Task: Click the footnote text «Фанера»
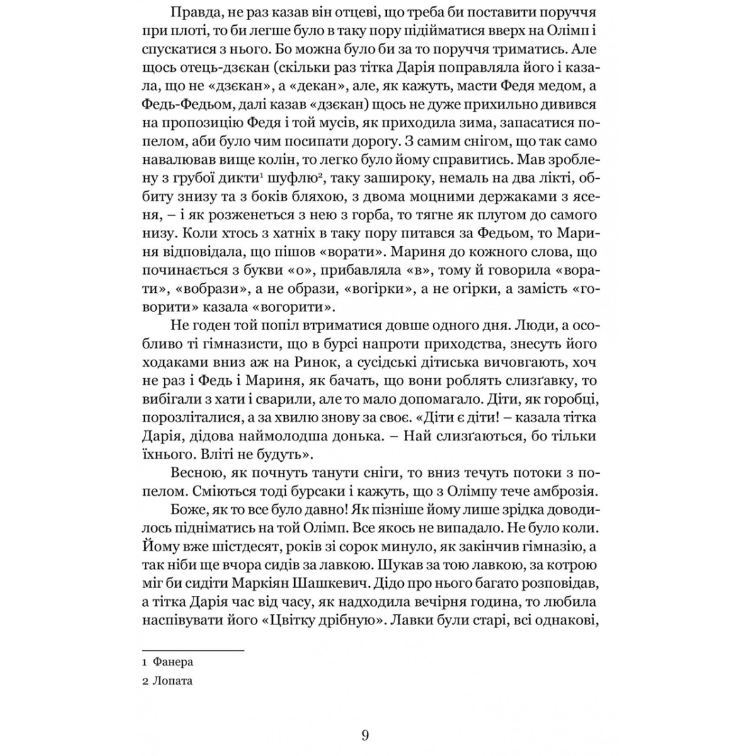pos(173,662)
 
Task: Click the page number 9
pos(366,735)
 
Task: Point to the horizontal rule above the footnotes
pos(193,650)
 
